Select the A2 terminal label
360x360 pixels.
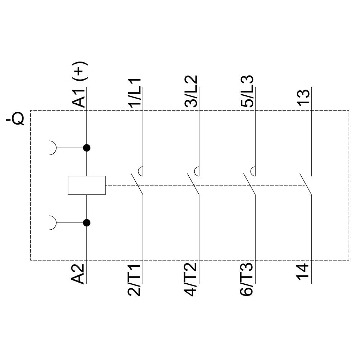79,274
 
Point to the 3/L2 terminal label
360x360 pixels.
191,91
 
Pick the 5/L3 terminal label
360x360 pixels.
247,91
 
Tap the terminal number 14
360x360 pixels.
303,273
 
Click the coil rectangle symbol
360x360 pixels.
87,185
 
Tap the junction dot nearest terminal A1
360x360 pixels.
86,148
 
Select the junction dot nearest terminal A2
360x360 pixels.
86,223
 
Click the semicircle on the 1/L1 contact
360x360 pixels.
141,171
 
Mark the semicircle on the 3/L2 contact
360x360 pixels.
197,171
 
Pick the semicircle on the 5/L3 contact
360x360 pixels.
253,171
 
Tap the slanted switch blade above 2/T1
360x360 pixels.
137,185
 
